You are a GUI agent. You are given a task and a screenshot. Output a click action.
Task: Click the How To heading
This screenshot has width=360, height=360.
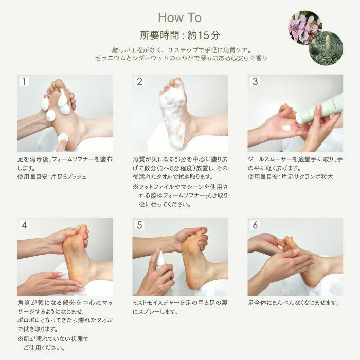pyautogui.click(x=179, y=18)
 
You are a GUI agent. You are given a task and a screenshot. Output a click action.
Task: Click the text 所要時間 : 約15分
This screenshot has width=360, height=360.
pyautogui.click(x=179, y=36)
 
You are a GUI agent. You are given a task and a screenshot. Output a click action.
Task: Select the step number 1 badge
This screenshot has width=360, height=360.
pyautogui.click(x=25, y=82)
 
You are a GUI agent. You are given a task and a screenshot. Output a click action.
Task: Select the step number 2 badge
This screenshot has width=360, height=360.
pyautogui.click(x=140, y=82)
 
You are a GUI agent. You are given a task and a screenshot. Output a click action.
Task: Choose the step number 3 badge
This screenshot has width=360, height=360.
pyautogui.click(x=255, y=82)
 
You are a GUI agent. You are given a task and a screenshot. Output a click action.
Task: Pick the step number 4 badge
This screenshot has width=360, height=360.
pyautogui.click(x=25, y=225)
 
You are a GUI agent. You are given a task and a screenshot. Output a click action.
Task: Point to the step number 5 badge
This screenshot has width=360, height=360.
pyautogui.click(x=140, y=225)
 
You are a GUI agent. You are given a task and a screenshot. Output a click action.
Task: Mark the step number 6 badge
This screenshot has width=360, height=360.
pyautogui.click(x=255, y=225)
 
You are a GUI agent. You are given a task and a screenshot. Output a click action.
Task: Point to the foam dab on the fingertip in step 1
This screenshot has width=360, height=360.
pyautogui.click(x=63, y=137)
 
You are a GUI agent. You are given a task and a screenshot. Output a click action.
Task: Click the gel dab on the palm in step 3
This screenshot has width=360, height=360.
pyautogui.click(x=286, y=127)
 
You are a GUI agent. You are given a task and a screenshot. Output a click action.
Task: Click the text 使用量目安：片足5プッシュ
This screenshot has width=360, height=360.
pyautogui.click(x=52, y=177)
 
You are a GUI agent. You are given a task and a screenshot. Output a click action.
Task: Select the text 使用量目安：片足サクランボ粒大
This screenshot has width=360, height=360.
pyautogui.click(x=291, y=177)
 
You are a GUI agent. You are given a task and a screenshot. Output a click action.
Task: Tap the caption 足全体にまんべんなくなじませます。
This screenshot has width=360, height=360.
pyautogui.click(x=293, y=303)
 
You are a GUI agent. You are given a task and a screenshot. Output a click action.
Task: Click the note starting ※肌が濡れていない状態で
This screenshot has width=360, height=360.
pyautogui.click(x=53, y=340)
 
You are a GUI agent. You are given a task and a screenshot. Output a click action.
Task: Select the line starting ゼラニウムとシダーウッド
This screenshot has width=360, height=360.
pyautogui.click(x=179, y=59)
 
